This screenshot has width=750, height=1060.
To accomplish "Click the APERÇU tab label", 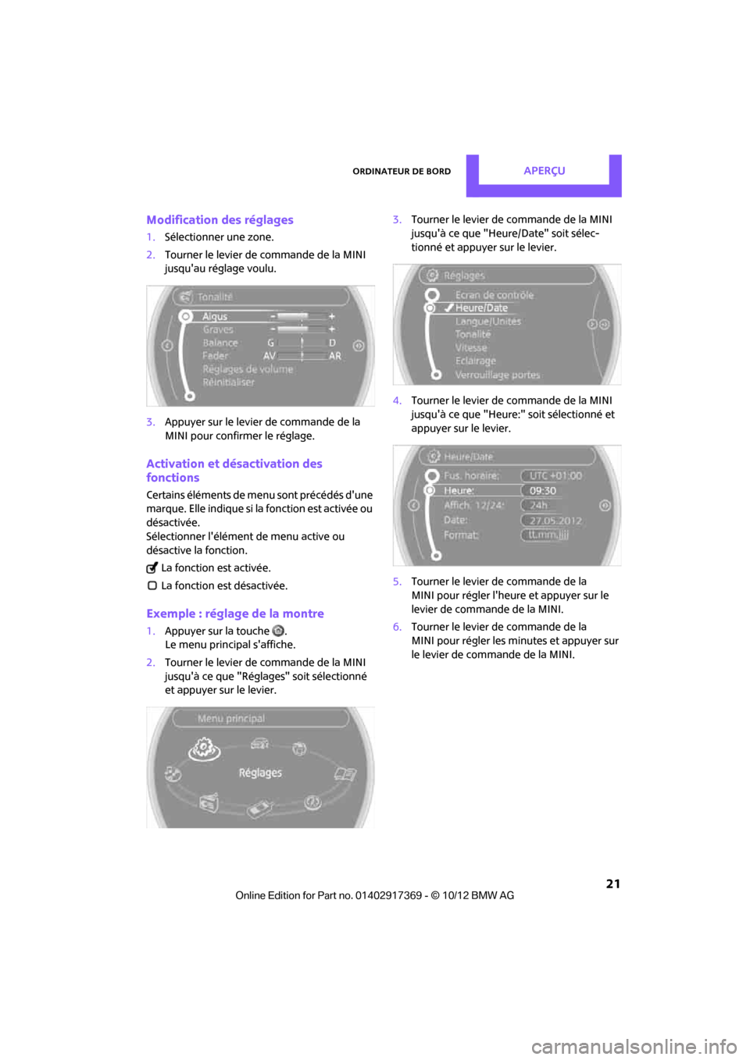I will [x=544, y=171].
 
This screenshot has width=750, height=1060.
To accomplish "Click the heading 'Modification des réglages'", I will [x=220, y=220].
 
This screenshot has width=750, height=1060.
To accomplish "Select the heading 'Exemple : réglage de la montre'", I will [x=234, y=614].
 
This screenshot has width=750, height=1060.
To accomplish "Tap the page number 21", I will [x=612, y=884].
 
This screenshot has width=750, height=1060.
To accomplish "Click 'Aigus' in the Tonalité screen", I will [x=215, y=316].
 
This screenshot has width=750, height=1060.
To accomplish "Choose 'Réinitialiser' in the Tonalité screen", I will [x=228, y=382].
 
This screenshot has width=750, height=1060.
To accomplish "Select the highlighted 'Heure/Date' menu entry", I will [x=481, y=308].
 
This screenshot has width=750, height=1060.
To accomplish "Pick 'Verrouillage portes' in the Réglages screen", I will [x=498, y=375].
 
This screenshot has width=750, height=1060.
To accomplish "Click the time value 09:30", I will [x=543, y=491].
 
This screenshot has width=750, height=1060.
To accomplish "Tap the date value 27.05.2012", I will [x=555, y=521].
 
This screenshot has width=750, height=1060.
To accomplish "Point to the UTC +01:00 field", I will [x=555, y=475].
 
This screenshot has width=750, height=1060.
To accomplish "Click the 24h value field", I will [x=539, y=505].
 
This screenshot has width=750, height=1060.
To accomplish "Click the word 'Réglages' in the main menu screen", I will [x=260, y=773].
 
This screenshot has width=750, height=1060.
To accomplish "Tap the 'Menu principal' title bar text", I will [x=231, y=718].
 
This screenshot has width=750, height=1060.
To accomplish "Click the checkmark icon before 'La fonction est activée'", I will [x=152, y=568].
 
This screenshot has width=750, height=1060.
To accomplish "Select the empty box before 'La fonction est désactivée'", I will [x=152, y=585].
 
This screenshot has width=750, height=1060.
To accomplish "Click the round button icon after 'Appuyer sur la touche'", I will [x=278, y=631].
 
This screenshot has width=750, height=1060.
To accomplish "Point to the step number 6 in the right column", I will [x=397, y=627].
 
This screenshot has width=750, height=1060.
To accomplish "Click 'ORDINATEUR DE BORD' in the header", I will [x=402, y=172].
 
